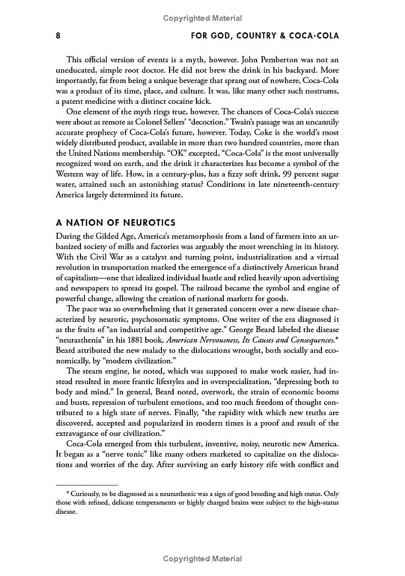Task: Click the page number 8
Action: (58, 36)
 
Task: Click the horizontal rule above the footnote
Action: (87, 485)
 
